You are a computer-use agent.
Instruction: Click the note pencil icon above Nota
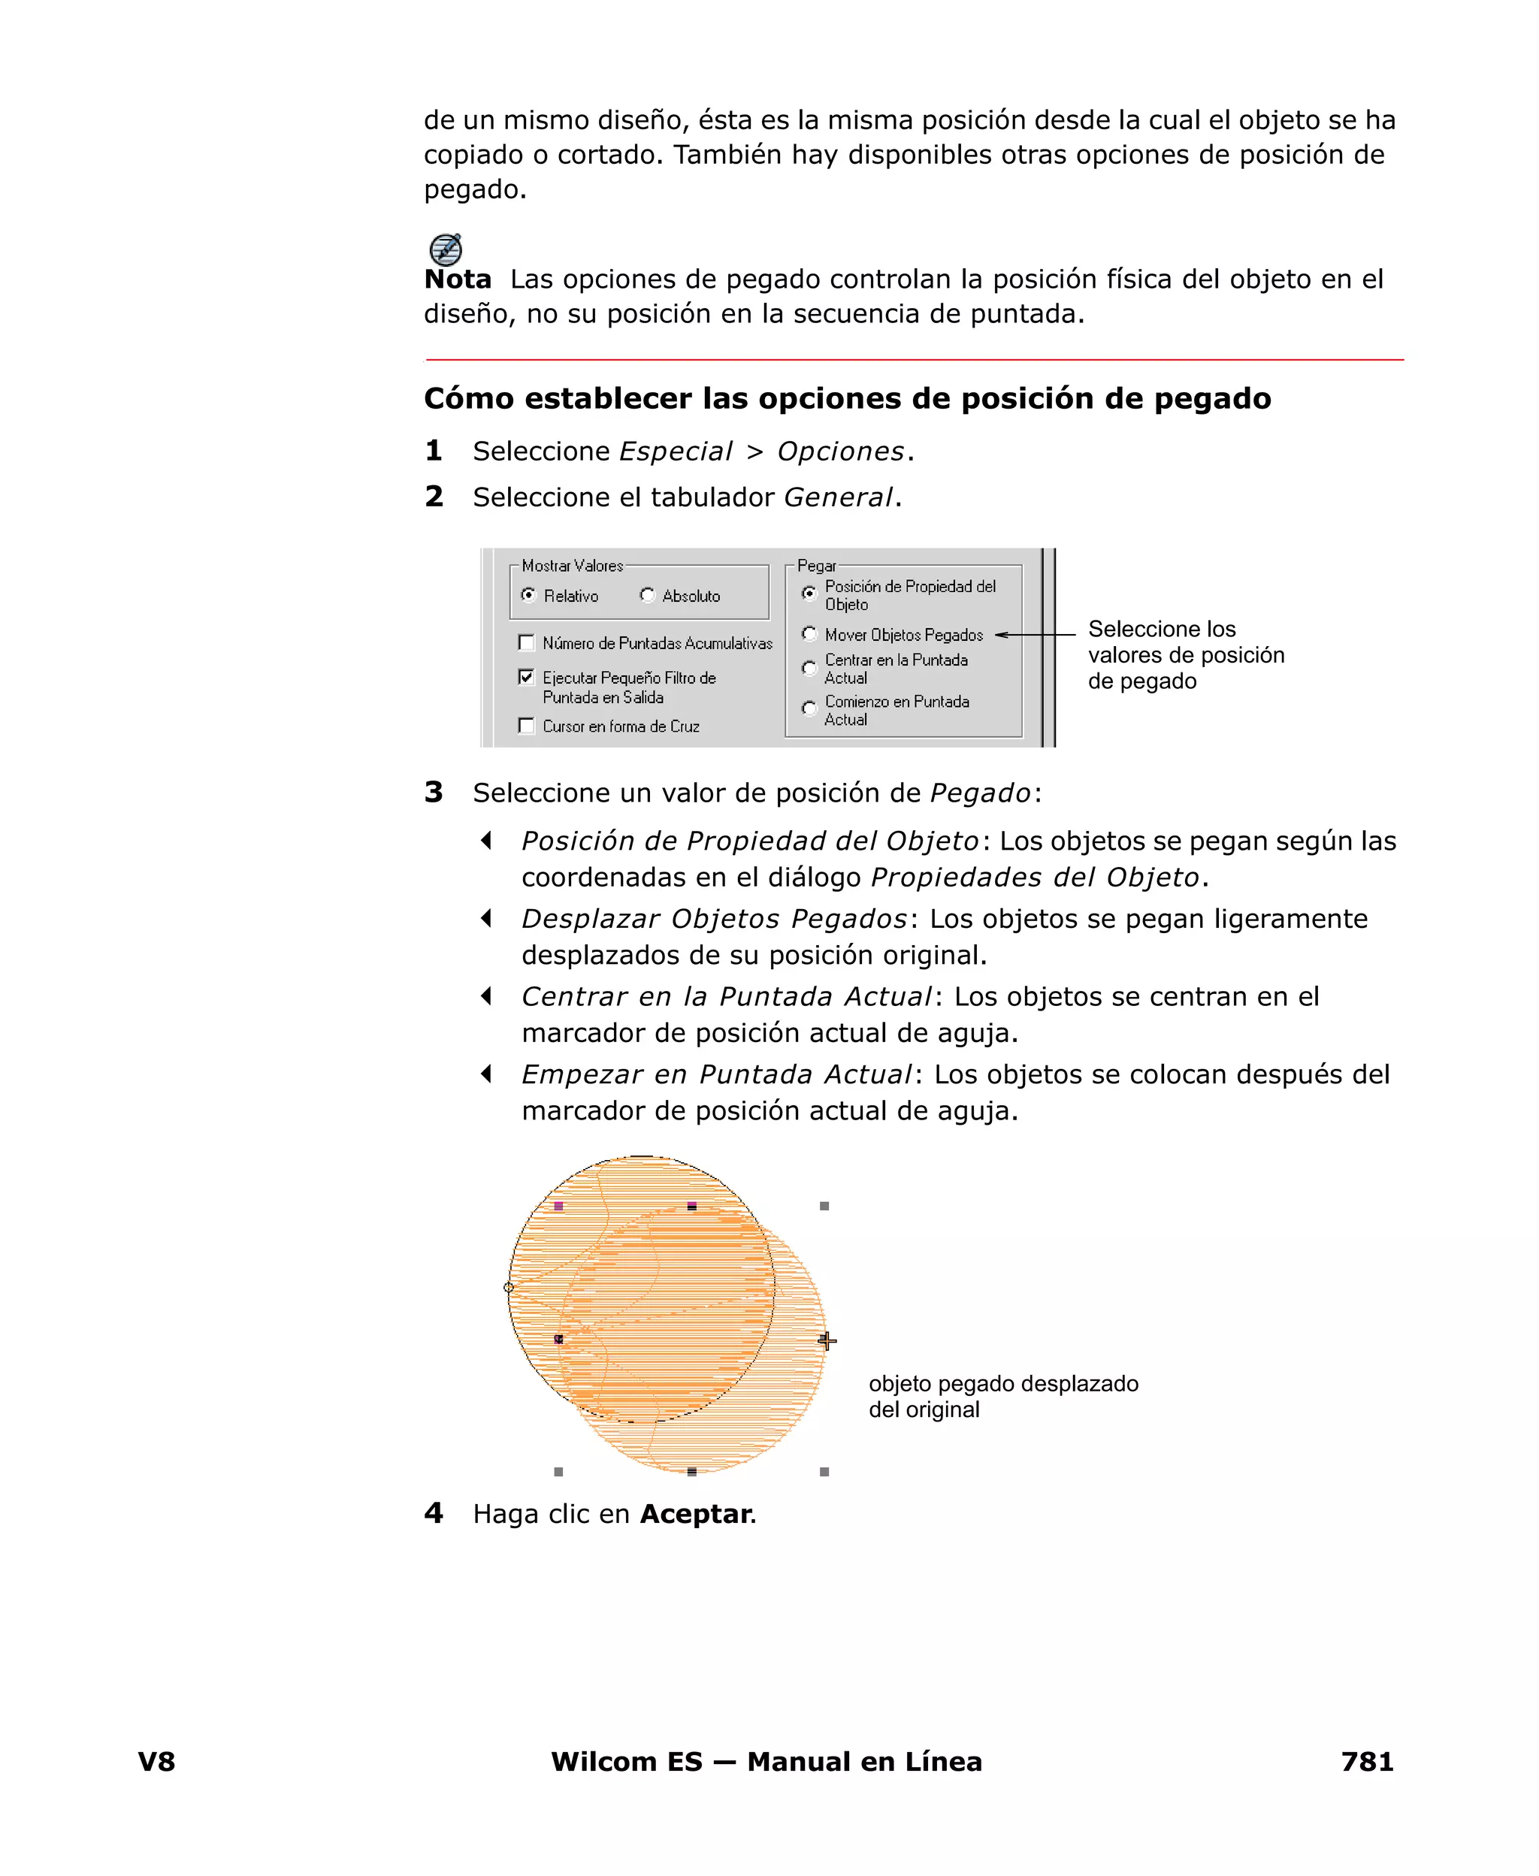(x=445, y=249)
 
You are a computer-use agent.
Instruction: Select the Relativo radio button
(x=528, y=594)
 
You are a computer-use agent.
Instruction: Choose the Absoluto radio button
(x=647, y=594)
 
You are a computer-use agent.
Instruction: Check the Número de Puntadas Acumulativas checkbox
(x=527, y=642)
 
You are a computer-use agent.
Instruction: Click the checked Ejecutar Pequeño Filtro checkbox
(x=527, y=677)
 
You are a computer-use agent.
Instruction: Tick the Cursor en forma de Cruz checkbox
(x=527, y=726)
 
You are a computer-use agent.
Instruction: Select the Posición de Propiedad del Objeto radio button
(x=809, y=593)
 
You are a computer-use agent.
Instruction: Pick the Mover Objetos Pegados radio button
(x=809, y=633)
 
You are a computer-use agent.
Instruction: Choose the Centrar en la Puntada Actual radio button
(x=809, y=667)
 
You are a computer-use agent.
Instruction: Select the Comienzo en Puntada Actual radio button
(x=809, y=708)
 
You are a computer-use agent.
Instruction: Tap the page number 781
(x=1366, y=1761)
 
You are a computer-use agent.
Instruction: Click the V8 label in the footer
(x=156, y=1761)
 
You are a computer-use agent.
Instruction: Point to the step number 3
(x=434, y=791)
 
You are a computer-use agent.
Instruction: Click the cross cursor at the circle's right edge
(x=827, y=1341)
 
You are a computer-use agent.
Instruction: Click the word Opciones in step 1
(x=840, y=451)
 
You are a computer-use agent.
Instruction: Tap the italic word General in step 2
(x=838, y=497)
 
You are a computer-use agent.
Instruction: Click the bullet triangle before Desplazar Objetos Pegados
(x=485, y=918)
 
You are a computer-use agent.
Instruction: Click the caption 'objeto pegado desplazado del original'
(x=1002, y=1396)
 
